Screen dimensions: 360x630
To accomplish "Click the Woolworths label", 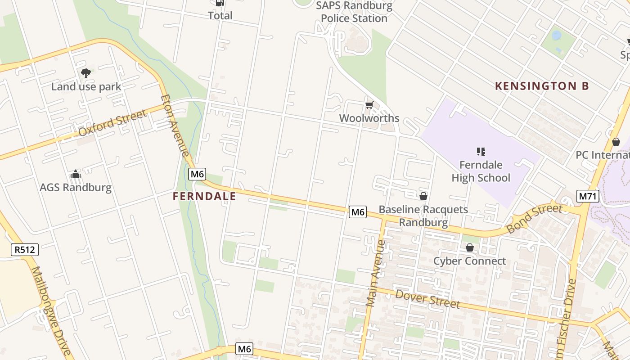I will (369, 118).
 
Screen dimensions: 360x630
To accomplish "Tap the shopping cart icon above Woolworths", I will (369, 105).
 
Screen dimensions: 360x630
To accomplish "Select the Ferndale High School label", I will (481, 171).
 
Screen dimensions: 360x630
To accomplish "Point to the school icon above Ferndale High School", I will (481, 152).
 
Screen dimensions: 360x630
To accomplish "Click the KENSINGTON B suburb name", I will (542, 86).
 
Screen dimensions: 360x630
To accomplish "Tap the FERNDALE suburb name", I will (204, 197).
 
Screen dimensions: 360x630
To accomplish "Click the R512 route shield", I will (25, 250).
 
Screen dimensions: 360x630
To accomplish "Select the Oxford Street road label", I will (112, 123).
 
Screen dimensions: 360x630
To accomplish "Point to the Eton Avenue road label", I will (175, 126).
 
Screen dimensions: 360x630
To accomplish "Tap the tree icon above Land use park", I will (85, 73).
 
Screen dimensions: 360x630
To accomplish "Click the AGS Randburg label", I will (76, 187).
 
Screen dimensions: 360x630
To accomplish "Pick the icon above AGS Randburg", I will (76, 174).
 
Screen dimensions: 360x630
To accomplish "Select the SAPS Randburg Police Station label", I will (354, 12).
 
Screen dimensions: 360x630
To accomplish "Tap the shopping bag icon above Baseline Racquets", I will (423, 196).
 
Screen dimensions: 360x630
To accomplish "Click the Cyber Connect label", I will (469, 261).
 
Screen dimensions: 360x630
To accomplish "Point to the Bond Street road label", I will (534, 218).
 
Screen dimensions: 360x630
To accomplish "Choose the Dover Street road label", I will (427, 299).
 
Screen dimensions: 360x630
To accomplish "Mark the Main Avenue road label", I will (375, 273).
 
